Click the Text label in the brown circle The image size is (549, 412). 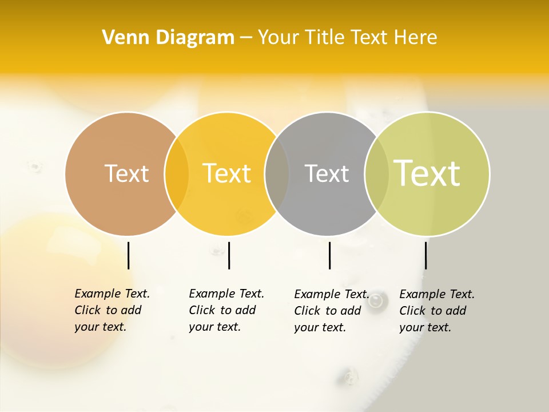tap(126, 173)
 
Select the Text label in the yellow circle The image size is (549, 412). tap(227, 173)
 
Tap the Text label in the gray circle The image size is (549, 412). tap(327, 173)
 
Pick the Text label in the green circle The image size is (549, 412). tap(427, 173)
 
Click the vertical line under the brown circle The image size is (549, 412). tap(128, 255)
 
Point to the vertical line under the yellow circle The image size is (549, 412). tap(229, 255)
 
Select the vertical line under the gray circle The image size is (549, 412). tap(329, 255)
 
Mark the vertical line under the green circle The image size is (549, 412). tap(425, 255)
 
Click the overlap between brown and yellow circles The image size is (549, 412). tap(177, 174)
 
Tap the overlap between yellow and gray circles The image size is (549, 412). tap(277, 174)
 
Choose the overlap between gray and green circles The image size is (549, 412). tap(377, 174)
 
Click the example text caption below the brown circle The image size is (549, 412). tap(112, 310)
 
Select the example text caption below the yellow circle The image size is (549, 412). tap(226, 310)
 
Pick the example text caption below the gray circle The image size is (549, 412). tap(331, 311)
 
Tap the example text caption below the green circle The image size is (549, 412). tap(436, 311)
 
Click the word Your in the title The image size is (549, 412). tap(279, 38)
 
